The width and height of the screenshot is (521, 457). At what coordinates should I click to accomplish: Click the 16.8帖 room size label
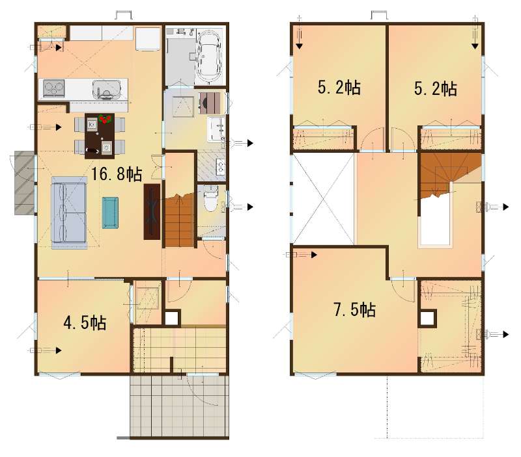pos(117,174)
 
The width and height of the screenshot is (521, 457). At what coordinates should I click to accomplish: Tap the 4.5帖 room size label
pos(85,322)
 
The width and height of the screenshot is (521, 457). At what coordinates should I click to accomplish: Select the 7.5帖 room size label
pos(354,309)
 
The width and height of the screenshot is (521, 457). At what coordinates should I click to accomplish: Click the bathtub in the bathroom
pos(208,57)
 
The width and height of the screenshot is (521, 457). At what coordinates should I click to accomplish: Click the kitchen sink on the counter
pos(106,90)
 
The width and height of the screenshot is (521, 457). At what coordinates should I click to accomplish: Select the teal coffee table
pos(110,213)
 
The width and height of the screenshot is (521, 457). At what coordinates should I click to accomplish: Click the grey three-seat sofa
pos(69,213)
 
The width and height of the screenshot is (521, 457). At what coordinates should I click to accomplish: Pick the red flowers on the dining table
pos(106,119)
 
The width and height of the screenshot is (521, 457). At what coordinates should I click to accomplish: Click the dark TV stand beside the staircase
pos(152,211)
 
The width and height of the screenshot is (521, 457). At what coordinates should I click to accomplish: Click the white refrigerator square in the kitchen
pos(148,39)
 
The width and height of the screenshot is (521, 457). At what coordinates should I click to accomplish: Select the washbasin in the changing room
pos(216,129)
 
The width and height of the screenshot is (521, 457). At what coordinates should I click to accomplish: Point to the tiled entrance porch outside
pos(180,406)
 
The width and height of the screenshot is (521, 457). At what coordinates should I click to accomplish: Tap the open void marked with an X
pos(322,200)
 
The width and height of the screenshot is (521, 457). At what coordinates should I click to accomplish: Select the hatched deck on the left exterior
pos(25,183)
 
